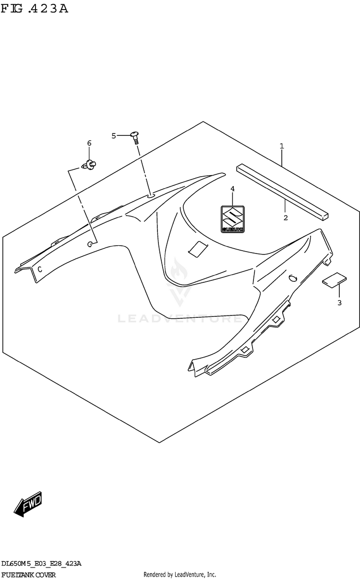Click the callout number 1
click(x=282, y=145)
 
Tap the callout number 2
click(x=285, y=217)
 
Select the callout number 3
click(x=339, y=302)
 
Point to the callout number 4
click(x=232, y=189)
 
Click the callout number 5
click(x=114, y=136)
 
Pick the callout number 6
click(x=89, y=143)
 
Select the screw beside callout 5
click(x=135, y=137)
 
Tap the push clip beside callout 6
click(x=88, y=165)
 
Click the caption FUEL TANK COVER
click(x=29, y=575)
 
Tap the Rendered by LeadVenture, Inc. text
click(x=180, y=575)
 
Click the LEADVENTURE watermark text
click(x=180, y=318)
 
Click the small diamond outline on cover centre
click(x=197, y=248)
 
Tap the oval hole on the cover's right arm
click(x=292, y=278)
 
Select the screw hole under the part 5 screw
click(x=150, y=195)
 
